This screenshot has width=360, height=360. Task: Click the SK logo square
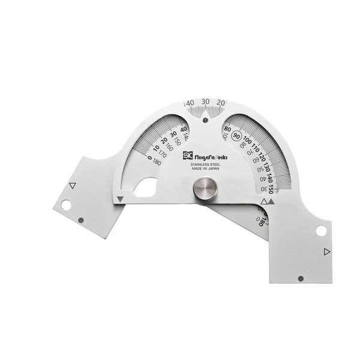click(x=187, y=155)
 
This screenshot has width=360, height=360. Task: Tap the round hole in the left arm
click(x=66, y=205)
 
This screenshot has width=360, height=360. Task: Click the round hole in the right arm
click(x=321, y=230)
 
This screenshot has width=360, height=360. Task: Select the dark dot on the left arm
click(x=81, y=220)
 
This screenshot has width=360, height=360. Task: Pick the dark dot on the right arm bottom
click(x=300, y=278)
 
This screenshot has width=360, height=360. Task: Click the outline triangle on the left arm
click(x=73, y=186)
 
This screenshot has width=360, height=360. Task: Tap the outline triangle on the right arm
click(x=326, y=251)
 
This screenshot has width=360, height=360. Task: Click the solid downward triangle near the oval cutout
click(x=121, y=199)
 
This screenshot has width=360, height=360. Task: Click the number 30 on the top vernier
click(x=205, y=101)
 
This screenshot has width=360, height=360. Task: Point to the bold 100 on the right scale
click(x=248, y=141)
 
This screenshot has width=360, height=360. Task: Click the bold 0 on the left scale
click(x=149, y=158)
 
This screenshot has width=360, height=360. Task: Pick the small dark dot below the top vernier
click(x=205, y=120)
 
